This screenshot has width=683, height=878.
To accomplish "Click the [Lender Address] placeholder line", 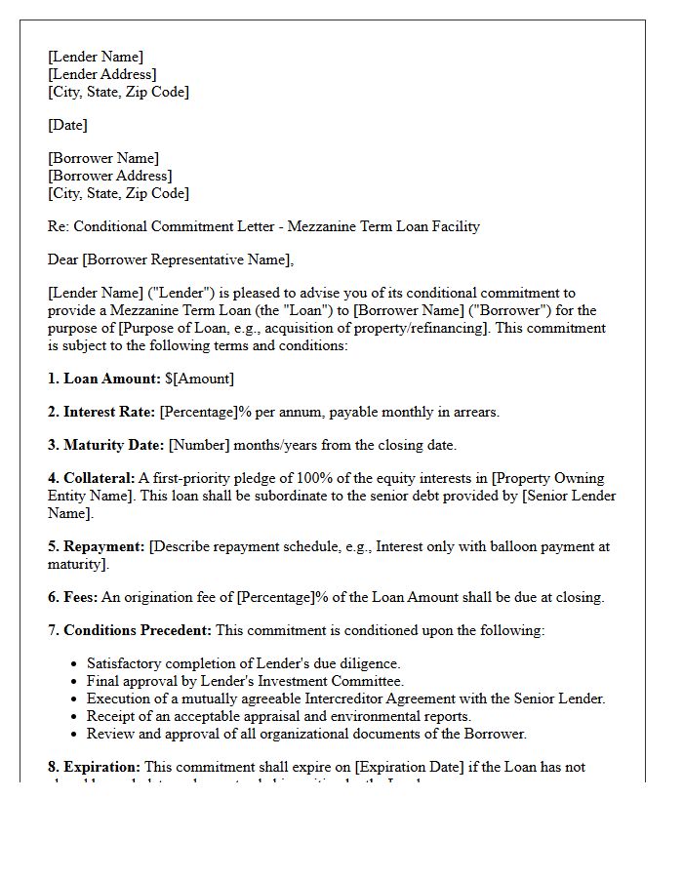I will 102,74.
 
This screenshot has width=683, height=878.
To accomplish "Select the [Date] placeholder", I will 67,125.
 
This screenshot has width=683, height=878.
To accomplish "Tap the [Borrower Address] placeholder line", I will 110,176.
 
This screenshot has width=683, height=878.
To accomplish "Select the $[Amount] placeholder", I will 200,379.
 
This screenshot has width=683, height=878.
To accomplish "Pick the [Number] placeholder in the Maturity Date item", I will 199,445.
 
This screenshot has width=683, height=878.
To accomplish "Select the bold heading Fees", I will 80,597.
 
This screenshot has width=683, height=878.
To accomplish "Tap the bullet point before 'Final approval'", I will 74,681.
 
